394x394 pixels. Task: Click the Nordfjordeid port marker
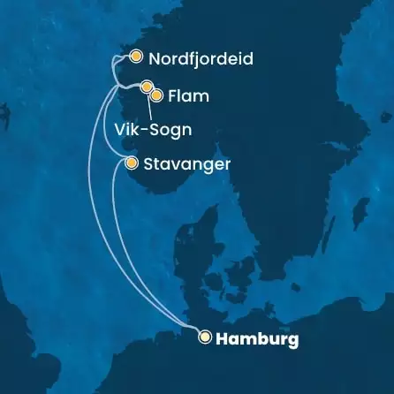[x=135, y=57]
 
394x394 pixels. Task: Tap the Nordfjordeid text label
[x=201, y=59]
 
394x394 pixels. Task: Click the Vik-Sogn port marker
[x=147, y=87]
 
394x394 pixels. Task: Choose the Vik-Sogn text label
[x=154, y=129]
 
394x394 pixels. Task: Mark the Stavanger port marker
[x=132, y=163]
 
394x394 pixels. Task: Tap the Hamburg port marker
[x=206, y=337]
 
